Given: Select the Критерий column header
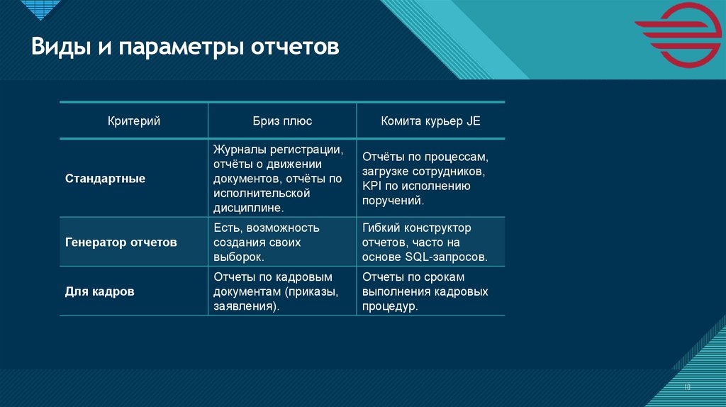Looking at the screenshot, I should point(134,121).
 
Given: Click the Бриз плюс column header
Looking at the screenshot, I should point(282,121).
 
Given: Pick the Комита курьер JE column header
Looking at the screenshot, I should point(430,121).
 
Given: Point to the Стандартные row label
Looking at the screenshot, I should point(106,179).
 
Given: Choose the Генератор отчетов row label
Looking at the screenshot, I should point(121,242).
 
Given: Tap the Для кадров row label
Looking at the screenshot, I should point(100,291).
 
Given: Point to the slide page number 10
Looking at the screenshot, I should point(687,386).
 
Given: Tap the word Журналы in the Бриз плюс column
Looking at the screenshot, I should point(238,150).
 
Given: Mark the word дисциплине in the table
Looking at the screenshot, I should point(246,208).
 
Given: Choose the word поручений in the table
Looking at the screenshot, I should point(392,201).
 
